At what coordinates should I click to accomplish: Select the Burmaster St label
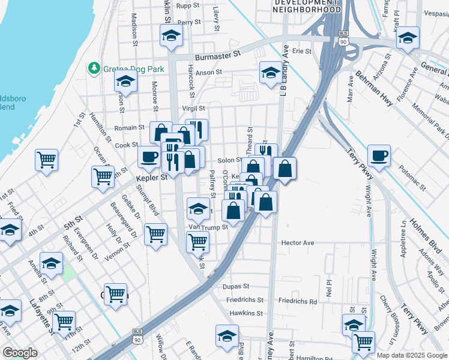coord(220,53)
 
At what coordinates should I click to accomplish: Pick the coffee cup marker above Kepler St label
coord(149,157)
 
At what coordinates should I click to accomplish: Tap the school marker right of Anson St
coord(270,73)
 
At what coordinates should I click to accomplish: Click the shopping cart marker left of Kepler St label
coord(103,176)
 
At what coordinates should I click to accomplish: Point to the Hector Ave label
coord(298,243)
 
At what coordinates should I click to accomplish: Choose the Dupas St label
coord(236,287)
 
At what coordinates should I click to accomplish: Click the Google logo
coord(20,353)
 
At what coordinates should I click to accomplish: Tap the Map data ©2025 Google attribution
coord(412,355)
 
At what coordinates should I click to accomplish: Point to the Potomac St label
coord(414,179)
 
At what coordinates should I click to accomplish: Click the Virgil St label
coord(193,109)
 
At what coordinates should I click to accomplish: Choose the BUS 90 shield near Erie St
coord(343,38)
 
